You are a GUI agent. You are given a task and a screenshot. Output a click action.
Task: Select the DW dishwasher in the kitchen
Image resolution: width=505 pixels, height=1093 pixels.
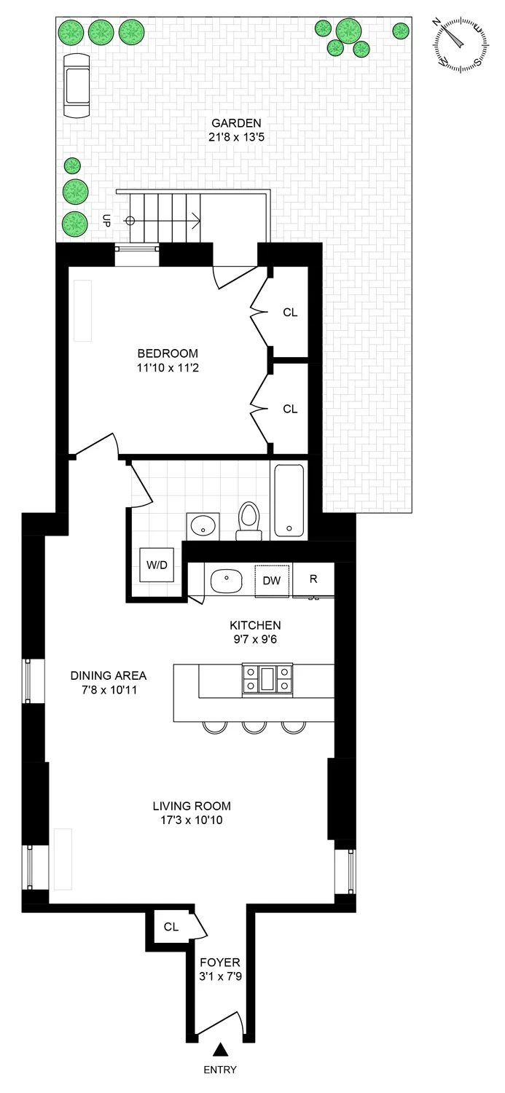click(x=271, y=580)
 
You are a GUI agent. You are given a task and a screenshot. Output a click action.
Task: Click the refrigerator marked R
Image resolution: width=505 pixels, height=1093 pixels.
click(x=313, y=579)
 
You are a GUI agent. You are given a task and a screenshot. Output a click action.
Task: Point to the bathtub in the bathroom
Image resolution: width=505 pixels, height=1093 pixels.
click(x=289, y=501)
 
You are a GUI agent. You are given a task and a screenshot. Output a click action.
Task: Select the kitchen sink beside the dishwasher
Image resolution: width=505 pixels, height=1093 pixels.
click(x=227, y=581)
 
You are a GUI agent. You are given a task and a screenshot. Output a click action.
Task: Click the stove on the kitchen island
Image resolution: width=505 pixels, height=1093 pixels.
click(x=267, y=679)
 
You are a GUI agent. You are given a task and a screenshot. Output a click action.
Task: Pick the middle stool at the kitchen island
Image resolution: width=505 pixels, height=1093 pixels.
click(x=254, y=726)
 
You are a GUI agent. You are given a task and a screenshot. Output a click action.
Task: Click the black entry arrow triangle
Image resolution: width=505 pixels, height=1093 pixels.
click(x=220, y=1049)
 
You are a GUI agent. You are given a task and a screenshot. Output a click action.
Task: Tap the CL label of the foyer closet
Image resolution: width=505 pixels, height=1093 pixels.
click(x=171, y=927)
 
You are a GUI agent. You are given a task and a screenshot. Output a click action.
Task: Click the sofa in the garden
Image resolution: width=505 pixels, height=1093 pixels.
click(x=76, y=85)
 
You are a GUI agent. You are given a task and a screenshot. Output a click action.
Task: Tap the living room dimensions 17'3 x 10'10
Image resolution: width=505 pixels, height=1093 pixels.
click(x=192, y=820)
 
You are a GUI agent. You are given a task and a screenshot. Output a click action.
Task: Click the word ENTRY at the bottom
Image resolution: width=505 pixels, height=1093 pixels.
click(x=220, y=1070)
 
